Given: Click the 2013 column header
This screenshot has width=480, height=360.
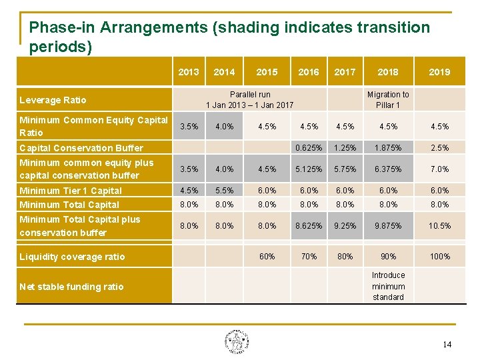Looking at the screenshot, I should pyautogui.click(x=189, y=72).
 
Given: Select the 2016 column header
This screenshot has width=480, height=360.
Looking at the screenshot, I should pyautogui.click(x=309, y=72).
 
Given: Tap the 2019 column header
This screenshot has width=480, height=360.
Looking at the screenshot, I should pyautogui.click(x=439, y=72).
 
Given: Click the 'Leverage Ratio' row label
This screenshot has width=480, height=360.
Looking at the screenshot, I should pyautogui.click(x=53, y=100).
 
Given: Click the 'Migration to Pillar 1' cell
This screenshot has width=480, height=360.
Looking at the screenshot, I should pyautogui.click(x=388, y=99).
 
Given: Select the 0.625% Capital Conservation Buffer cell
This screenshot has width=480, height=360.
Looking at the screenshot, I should pyautogui.click(x=309, y=148).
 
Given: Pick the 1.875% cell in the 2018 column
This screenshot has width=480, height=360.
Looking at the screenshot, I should pyautogui.click(x=388, y=148).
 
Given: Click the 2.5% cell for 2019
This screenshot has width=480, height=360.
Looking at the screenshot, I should pyautogui.click(x=439, y=148).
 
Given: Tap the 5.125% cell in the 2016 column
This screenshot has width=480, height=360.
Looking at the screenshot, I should pyautogui.click(x=309, y=169).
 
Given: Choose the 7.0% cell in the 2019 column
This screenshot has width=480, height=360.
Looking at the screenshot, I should pyautogui.click(x=439, y=169).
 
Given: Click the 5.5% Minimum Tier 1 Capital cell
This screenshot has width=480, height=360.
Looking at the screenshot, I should pyautogui.click(x=225, y=191).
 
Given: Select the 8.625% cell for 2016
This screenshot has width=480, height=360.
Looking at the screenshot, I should pyautogui.click(x=309, y=226).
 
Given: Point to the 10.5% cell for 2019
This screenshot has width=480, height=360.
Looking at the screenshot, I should pyautogui.click(x=439, y=226).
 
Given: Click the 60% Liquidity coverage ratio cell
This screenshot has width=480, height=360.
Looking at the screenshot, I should pyautogui.click(x=267, y=257).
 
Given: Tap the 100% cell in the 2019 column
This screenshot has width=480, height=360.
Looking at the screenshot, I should pyautogui.click(x=439, y=257).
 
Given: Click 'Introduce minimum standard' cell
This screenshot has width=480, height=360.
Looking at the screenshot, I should pyautogui.click(x=388, y=286).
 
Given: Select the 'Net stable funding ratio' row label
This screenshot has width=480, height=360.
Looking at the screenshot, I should pyautogui.click(x=71, y=287).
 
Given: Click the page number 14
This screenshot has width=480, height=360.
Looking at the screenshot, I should pyautogui.click(x=447, y=345).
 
